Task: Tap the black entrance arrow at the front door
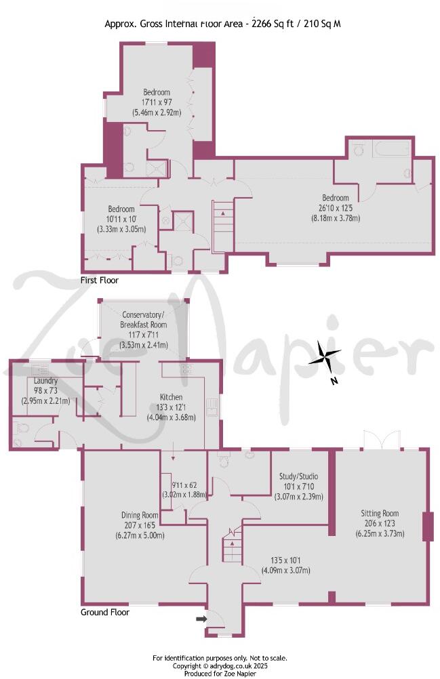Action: coord(201,619)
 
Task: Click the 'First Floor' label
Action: coord(100,280)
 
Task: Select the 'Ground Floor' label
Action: coord(105,612)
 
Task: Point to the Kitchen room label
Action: coord(171,397)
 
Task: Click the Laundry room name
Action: coord(46,381)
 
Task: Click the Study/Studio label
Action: coord(299,476)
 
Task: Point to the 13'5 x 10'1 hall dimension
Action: coord(285,560)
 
